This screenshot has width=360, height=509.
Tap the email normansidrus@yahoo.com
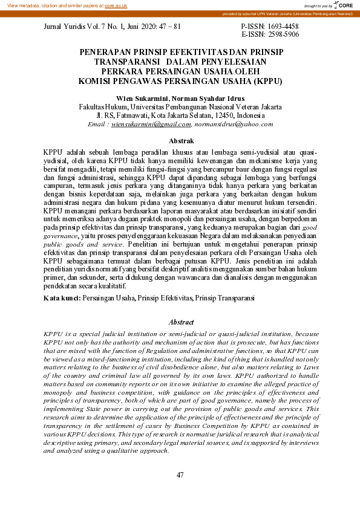(233, 124)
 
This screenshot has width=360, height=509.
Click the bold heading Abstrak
(180, 140)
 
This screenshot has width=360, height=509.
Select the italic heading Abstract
(180, 322)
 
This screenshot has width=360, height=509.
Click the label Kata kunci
(62, 298)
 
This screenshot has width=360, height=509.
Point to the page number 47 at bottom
(180, 475)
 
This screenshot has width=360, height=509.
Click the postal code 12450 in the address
(214, 115)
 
